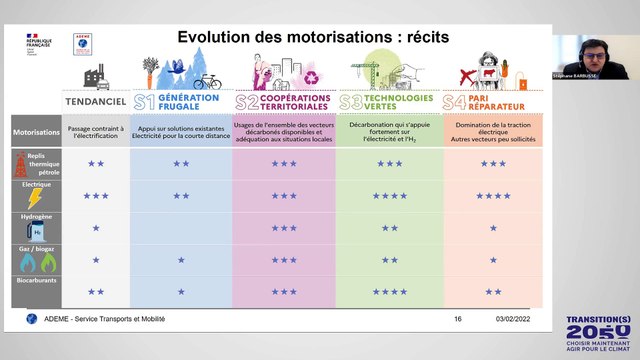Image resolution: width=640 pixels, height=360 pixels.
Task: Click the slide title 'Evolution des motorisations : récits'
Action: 312,37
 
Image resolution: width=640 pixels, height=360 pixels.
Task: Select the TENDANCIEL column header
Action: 96,101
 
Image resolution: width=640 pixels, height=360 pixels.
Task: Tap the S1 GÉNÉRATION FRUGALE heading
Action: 180,101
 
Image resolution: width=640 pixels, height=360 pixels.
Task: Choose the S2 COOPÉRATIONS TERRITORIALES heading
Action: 284,101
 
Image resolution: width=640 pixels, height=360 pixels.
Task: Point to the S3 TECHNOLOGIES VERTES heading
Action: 388,101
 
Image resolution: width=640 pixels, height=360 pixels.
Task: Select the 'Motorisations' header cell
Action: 37,130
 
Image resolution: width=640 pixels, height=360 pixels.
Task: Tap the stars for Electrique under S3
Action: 389,196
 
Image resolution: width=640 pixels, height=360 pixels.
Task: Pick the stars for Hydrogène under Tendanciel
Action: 96,228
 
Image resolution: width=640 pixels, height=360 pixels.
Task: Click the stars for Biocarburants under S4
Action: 493,291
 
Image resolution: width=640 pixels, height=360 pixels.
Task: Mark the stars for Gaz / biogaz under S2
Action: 284,260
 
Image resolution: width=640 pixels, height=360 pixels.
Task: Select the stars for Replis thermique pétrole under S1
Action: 181,163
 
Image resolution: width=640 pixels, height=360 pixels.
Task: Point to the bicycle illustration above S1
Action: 207,81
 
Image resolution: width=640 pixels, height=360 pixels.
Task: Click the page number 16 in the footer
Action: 458,319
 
